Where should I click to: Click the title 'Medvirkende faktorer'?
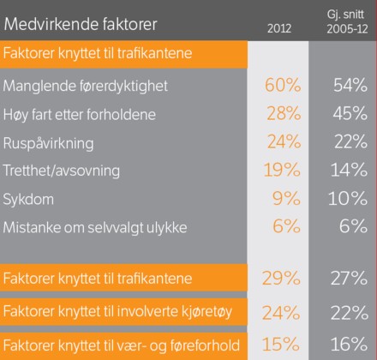click(x=81, y=24)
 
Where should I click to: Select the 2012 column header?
click(x=279, y=28)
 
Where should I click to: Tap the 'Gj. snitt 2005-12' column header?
click(x=347, y=21)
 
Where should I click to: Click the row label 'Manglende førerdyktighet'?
click(x=86, y=86)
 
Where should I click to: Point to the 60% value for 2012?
click(x=283, y=85)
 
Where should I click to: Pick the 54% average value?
click(x=350, y=85)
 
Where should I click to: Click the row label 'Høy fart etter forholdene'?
click(x=80, y=115)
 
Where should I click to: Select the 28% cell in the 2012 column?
click(x=284, y=113)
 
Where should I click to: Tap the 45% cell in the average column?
click(x=350, y=113)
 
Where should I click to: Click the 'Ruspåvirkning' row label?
click(x=48, y=143)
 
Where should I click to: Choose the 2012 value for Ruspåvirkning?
click(x=284, y=141)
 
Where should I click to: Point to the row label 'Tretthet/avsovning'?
click(x=61, y=171)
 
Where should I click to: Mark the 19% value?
click(x=282, y=170)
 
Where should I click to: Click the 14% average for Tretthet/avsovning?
click(x=349, y=170)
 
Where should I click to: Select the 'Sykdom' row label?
click(x=28, y=200)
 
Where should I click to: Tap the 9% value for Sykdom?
click(x=286, y=198)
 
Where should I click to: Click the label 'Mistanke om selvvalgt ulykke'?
click(x=95, y=227)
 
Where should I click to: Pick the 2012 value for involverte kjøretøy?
click(x=281, y=313)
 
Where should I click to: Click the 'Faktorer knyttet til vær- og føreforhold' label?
click(x=122, y=345)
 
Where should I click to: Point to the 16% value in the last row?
click(x=349, y=344)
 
